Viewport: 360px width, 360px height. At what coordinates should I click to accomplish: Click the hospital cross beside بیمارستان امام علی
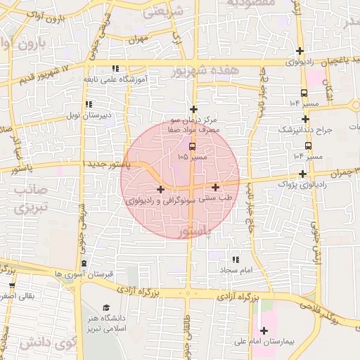click(x=264, y=331)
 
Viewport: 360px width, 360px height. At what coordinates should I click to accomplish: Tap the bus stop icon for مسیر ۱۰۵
click(x=193, y=146)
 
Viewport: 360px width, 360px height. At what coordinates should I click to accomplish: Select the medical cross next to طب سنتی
click(x=215, y=187)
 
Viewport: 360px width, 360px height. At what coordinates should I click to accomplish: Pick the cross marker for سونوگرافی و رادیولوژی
click(x=161, y=189)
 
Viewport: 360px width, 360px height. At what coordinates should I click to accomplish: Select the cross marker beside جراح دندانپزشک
click(x=305, y=120)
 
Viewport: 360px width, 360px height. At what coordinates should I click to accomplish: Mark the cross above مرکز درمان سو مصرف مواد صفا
click(x=194, y=109)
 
